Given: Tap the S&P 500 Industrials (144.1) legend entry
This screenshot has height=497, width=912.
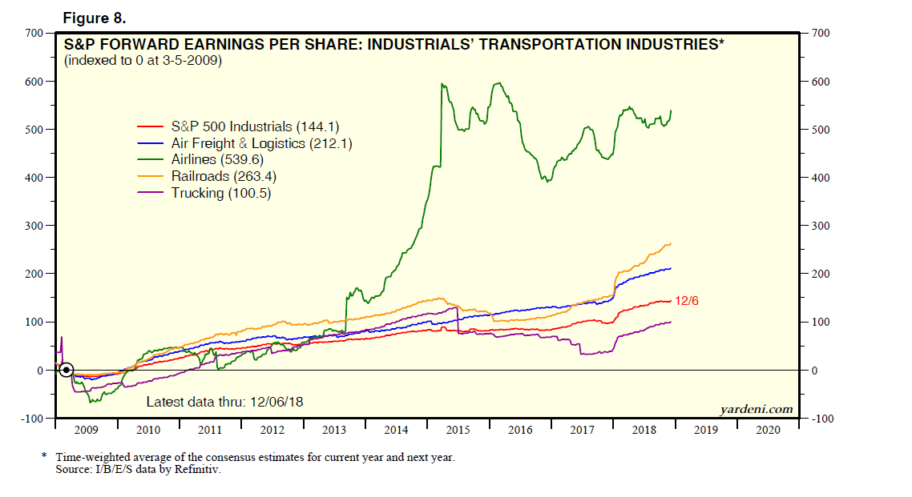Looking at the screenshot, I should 244,126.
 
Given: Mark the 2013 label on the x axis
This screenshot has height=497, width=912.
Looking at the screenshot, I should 334,430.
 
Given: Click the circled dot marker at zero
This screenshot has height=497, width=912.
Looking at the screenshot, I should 67,371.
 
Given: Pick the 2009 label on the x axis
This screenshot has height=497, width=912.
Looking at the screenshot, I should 86,430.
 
